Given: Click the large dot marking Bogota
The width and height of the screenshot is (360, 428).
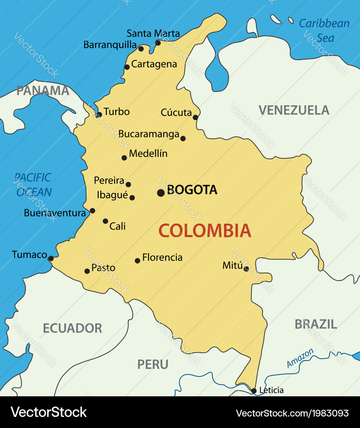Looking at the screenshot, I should tap(161, 193).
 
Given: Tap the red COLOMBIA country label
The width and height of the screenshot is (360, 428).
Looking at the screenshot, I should tap(205, 231).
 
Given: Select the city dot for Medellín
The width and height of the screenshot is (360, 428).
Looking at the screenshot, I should tap(124, 158).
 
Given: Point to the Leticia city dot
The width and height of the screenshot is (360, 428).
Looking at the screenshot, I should tap(254, 391).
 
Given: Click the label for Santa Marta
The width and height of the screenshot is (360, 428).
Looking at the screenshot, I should tap(153, 33).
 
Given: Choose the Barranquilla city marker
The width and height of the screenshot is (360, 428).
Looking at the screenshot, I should tap(141, 49).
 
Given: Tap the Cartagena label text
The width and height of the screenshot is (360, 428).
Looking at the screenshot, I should tap(154, 64).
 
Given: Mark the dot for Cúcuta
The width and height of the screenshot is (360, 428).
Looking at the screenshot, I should tap(195, 117).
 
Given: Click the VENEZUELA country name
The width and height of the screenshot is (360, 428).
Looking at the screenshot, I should tap(294, 110).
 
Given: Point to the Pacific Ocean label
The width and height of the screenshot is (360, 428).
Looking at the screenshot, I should tap(33, 185).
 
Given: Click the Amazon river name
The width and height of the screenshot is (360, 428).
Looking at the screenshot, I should tap(300, 358).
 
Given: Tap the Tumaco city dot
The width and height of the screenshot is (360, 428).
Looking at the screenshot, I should tap(51, 258).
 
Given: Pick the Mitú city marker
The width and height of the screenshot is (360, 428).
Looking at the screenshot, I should tap(246, 269).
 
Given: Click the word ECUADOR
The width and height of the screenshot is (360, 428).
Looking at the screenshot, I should tap(72, 328).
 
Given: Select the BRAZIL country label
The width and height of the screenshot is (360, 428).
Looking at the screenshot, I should tap(316, 324).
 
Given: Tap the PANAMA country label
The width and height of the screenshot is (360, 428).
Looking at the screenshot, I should tap(43, 90).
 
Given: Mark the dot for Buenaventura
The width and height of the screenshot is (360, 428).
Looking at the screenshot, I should tap(92, 211).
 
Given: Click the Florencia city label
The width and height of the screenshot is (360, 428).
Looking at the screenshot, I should tap(162, 258).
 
